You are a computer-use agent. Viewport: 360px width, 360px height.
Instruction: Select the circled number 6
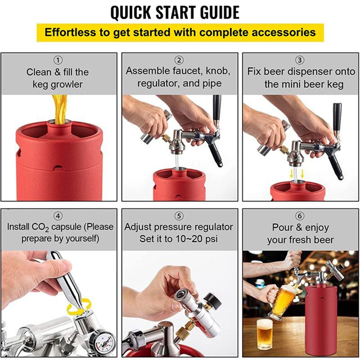pyautogui.click(x=300, y=216)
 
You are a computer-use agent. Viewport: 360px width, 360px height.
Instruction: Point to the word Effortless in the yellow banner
pyautogui.click(x=71, y=33)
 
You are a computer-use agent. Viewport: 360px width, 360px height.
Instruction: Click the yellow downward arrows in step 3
pyautogui.click(x=297, y=173)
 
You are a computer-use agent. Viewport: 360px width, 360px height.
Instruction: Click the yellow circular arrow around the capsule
pyautogui.click(x=79, y=308)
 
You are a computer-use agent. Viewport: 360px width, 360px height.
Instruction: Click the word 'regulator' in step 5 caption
pyautogui.click(x=213, y=226)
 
